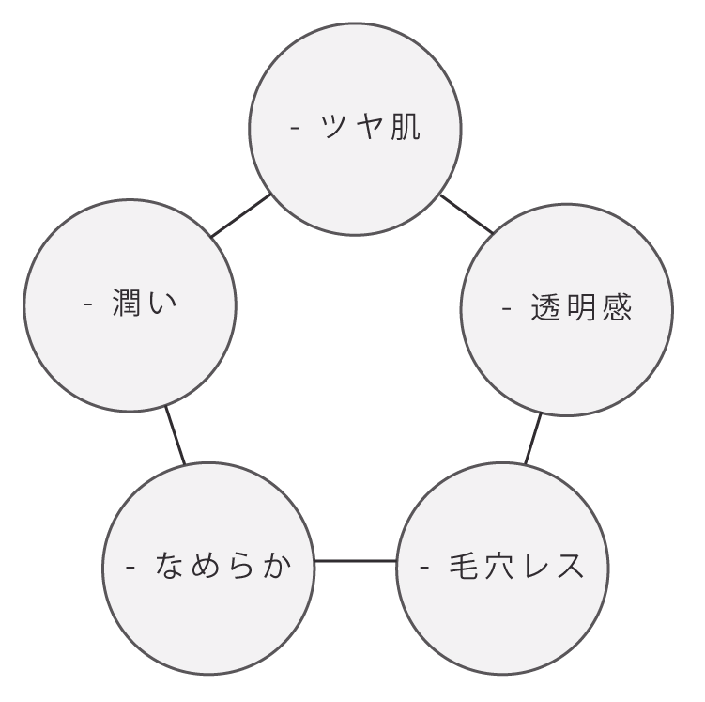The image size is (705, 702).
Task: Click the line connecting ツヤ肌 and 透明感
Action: coord(467,214)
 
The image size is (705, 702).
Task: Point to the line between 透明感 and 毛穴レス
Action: coord(532,439)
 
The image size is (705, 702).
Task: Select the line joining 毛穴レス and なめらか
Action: coord(355,562)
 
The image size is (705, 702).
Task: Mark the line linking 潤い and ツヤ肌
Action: coord(241,216)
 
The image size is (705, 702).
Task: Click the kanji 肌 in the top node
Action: coord(405,127)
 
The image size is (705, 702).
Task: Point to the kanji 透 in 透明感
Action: coord(545,307)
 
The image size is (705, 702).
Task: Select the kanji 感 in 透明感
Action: coord(617,307)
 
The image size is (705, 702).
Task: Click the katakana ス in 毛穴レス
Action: coord(569,566)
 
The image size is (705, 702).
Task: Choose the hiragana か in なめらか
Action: coord(276,566)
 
